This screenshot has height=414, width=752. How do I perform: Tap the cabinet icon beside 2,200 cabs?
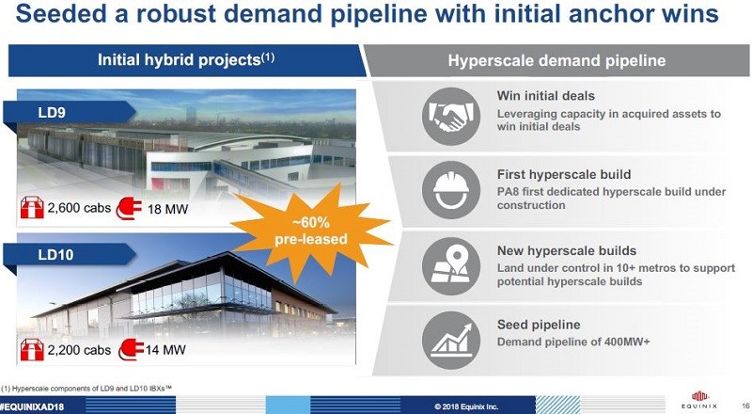click(x=32, y=350)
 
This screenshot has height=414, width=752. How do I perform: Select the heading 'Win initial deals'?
click(x=545, y=96)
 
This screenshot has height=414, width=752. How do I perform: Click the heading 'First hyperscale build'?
click(x=562, y=174)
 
